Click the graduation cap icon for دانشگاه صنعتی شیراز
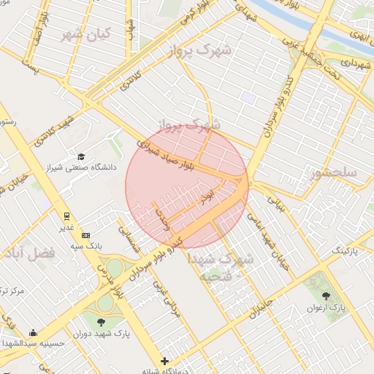coord(81,156)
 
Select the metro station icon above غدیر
coord(66,216)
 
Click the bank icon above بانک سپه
coord(86,235)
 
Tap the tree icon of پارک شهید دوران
coord(101,321)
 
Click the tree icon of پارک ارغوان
coord(325,296)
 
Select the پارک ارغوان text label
coord(330,309)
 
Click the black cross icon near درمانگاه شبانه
coord(165,361)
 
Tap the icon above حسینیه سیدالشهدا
coord(33,333)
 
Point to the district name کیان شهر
coord(85,34)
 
